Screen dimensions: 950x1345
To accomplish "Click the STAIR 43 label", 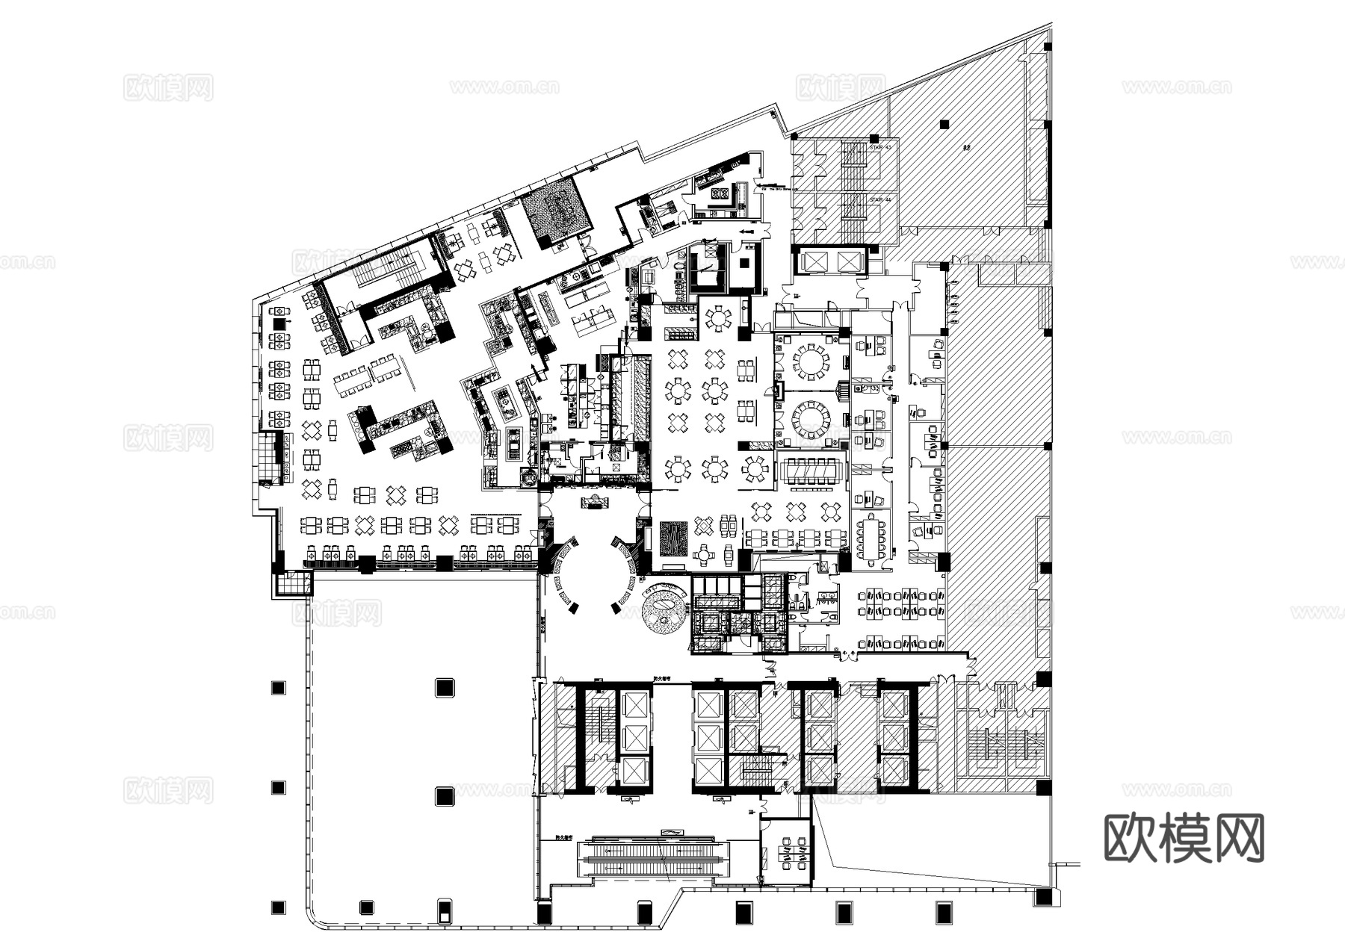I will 881,147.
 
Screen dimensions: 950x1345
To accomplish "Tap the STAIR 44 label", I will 881,199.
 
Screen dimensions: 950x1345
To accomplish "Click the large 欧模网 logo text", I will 1184,838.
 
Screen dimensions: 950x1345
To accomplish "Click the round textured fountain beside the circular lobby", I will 664,609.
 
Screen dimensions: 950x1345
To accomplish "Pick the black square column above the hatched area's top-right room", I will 944,124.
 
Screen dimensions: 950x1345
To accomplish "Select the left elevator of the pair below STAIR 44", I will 811,261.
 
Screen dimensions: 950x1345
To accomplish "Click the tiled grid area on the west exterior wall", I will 267,458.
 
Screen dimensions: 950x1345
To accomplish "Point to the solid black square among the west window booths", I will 279,323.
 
